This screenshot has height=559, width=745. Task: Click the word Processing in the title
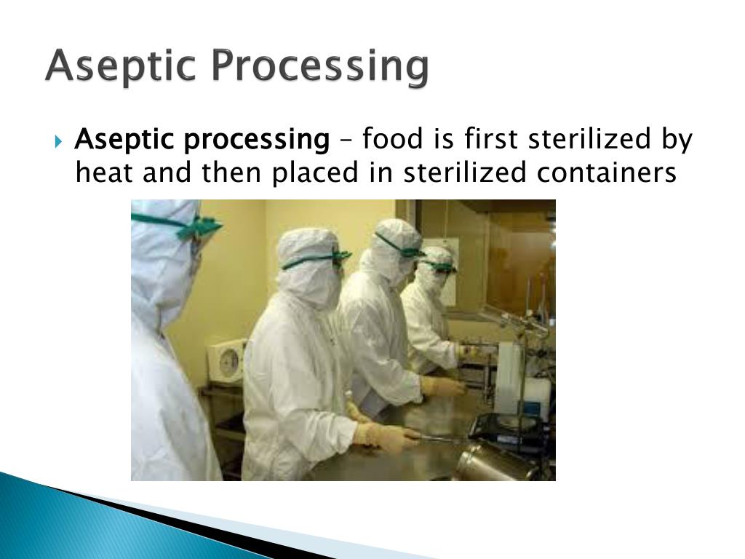point(319,66)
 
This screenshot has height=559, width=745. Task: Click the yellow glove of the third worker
point(441,386)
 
